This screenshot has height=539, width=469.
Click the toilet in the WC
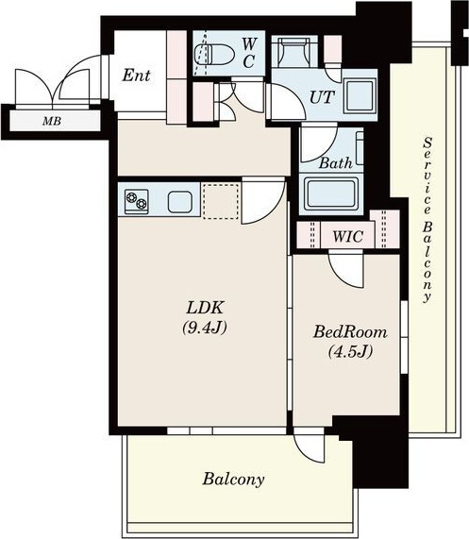[214, 54]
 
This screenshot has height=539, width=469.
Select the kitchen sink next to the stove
[179, 202]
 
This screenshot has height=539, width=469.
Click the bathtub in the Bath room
[331, 194]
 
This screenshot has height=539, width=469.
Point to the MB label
[52, 121]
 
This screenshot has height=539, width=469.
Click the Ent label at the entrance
[136, 75]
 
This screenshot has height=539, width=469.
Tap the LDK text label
[205, 308]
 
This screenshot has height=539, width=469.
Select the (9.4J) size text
[205, 328]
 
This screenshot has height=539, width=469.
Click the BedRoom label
[350, 332]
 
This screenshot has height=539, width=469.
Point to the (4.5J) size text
[350, 352]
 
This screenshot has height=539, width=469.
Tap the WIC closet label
[347, 237]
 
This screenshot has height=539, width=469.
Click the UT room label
[322, 97]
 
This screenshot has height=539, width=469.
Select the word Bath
[336, 163]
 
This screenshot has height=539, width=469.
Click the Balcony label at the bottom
[233, 480]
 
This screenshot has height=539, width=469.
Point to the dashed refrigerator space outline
[221, 201]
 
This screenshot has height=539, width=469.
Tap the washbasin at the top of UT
[294, 52]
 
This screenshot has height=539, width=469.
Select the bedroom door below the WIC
[345, 269]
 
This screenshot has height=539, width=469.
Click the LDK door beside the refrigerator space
[263, 201]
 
